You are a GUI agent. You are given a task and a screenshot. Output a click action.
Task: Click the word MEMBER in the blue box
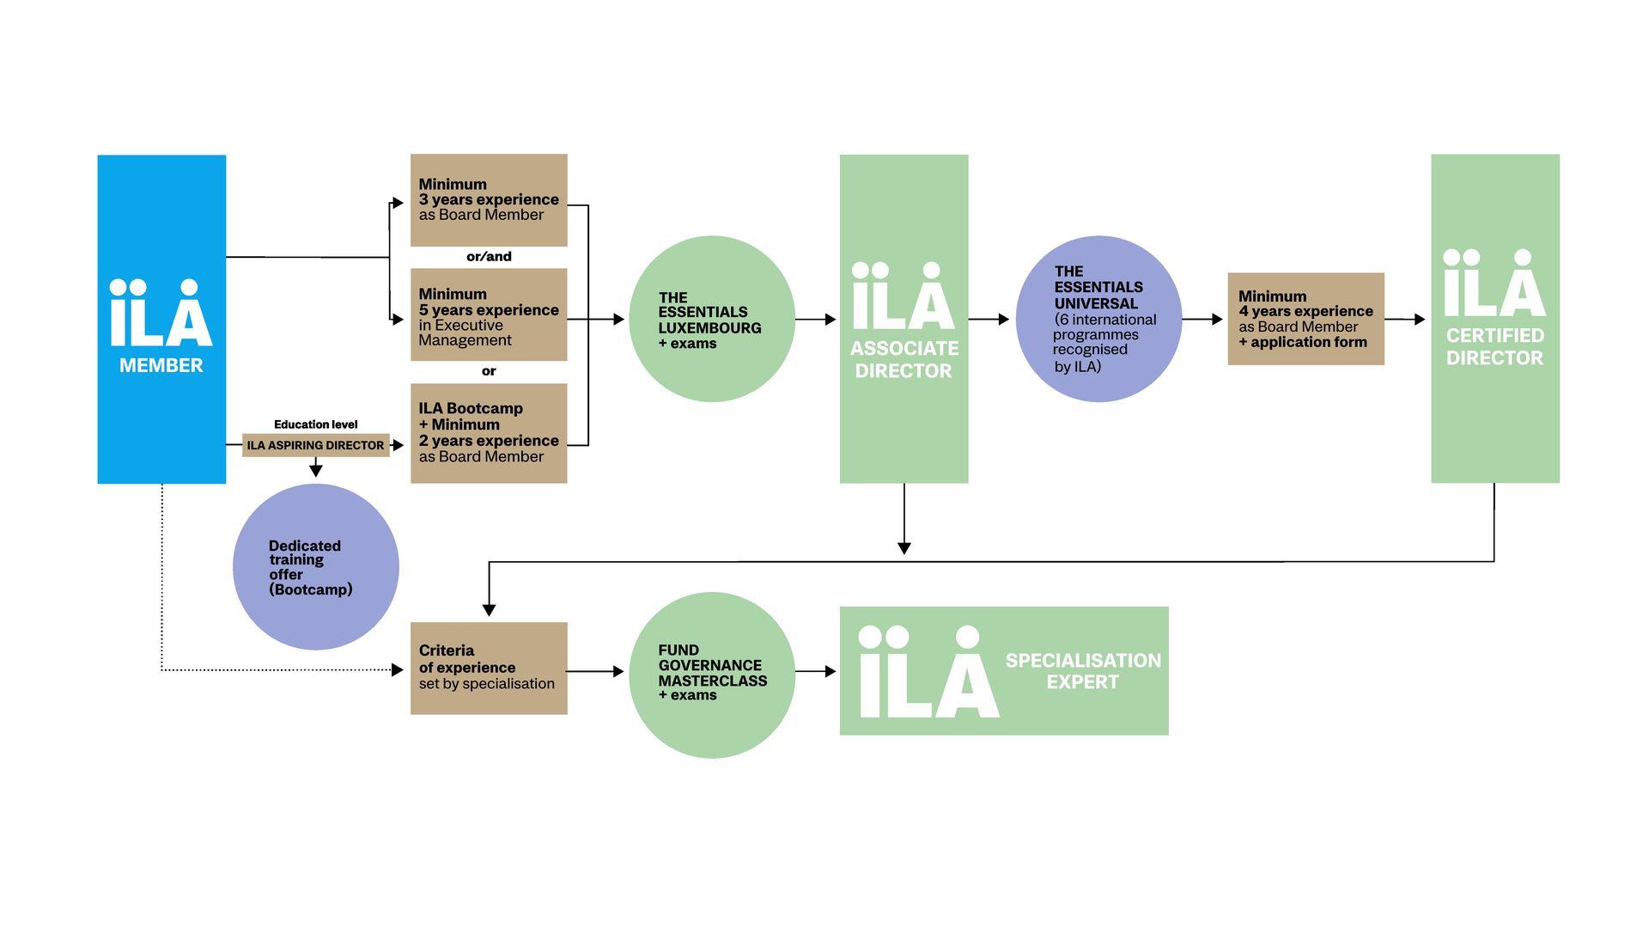161,365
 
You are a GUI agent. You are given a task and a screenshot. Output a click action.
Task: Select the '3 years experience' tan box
489,200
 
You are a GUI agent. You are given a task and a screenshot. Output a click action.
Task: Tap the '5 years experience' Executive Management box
489,314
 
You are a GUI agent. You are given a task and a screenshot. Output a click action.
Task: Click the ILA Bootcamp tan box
489,433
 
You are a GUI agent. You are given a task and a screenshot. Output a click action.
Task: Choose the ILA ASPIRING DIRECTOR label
315,445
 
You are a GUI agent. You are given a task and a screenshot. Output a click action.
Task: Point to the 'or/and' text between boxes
489,256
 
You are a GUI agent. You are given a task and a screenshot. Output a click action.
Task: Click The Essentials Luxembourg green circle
712,319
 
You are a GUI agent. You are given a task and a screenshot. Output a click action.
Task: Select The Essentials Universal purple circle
1098,319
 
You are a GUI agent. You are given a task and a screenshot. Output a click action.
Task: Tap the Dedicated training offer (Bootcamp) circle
315,567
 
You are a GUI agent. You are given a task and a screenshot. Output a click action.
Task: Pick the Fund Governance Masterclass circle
712,675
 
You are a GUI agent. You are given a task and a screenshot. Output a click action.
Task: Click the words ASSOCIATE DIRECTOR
904,359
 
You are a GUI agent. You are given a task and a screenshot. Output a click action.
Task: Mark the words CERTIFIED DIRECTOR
1494,346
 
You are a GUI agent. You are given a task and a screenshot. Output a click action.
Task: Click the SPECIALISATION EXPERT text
1083,671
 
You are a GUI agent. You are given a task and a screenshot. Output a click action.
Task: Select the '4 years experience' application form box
1305,319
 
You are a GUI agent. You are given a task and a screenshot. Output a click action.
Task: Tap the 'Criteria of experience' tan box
489,668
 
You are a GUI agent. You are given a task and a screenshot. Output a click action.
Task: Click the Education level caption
315,424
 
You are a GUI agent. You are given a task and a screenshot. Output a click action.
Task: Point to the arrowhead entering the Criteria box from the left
398,669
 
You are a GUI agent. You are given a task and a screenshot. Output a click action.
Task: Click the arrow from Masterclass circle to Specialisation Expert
817,671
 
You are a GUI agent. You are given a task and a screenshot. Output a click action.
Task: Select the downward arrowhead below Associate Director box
904,547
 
